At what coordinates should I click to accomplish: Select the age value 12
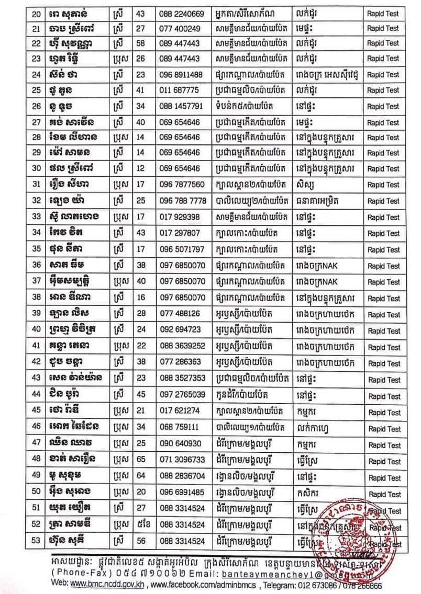(139, 169)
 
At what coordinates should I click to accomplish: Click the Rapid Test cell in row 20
(383, 13)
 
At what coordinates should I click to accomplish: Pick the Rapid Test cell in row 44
(383, 396)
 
